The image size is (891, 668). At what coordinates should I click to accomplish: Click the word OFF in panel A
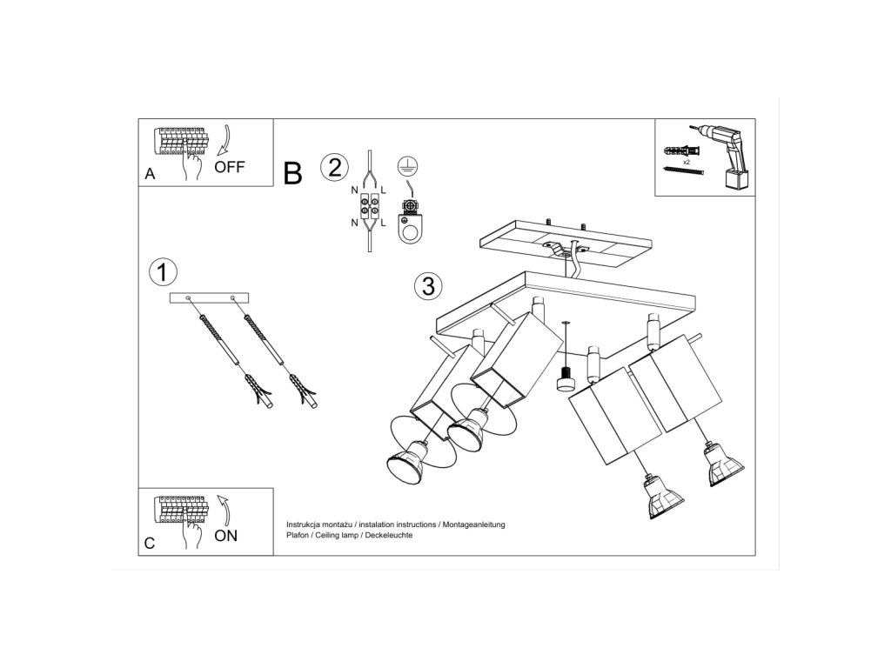tap(230, 167)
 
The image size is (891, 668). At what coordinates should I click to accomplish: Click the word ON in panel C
tap(225, 536)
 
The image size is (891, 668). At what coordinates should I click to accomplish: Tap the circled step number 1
tap(163, 272)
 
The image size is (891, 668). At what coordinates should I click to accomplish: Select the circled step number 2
tap(334, 168)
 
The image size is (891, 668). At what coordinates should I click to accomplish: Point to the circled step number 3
tap(428, 285)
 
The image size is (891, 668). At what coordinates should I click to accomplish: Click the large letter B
tap(292, 173)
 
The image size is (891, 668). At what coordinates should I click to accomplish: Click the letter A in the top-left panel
tap(150, 174)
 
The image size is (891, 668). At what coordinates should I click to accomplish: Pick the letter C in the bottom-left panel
tap(150, 544)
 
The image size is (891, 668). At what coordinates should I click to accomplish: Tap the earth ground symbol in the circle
tap(407, 165)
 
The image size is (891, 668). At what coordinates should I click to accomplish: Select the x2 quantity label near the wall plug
tap(687, 162)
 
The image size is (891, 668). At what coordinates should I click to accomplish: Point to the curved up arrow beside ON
tap(225, 510)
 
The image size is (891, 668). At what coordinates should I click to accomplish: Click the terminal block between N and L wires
tap(369, 207)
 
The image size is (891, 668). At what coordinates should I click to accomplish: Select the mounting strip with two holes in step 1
tap(210, 297)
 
